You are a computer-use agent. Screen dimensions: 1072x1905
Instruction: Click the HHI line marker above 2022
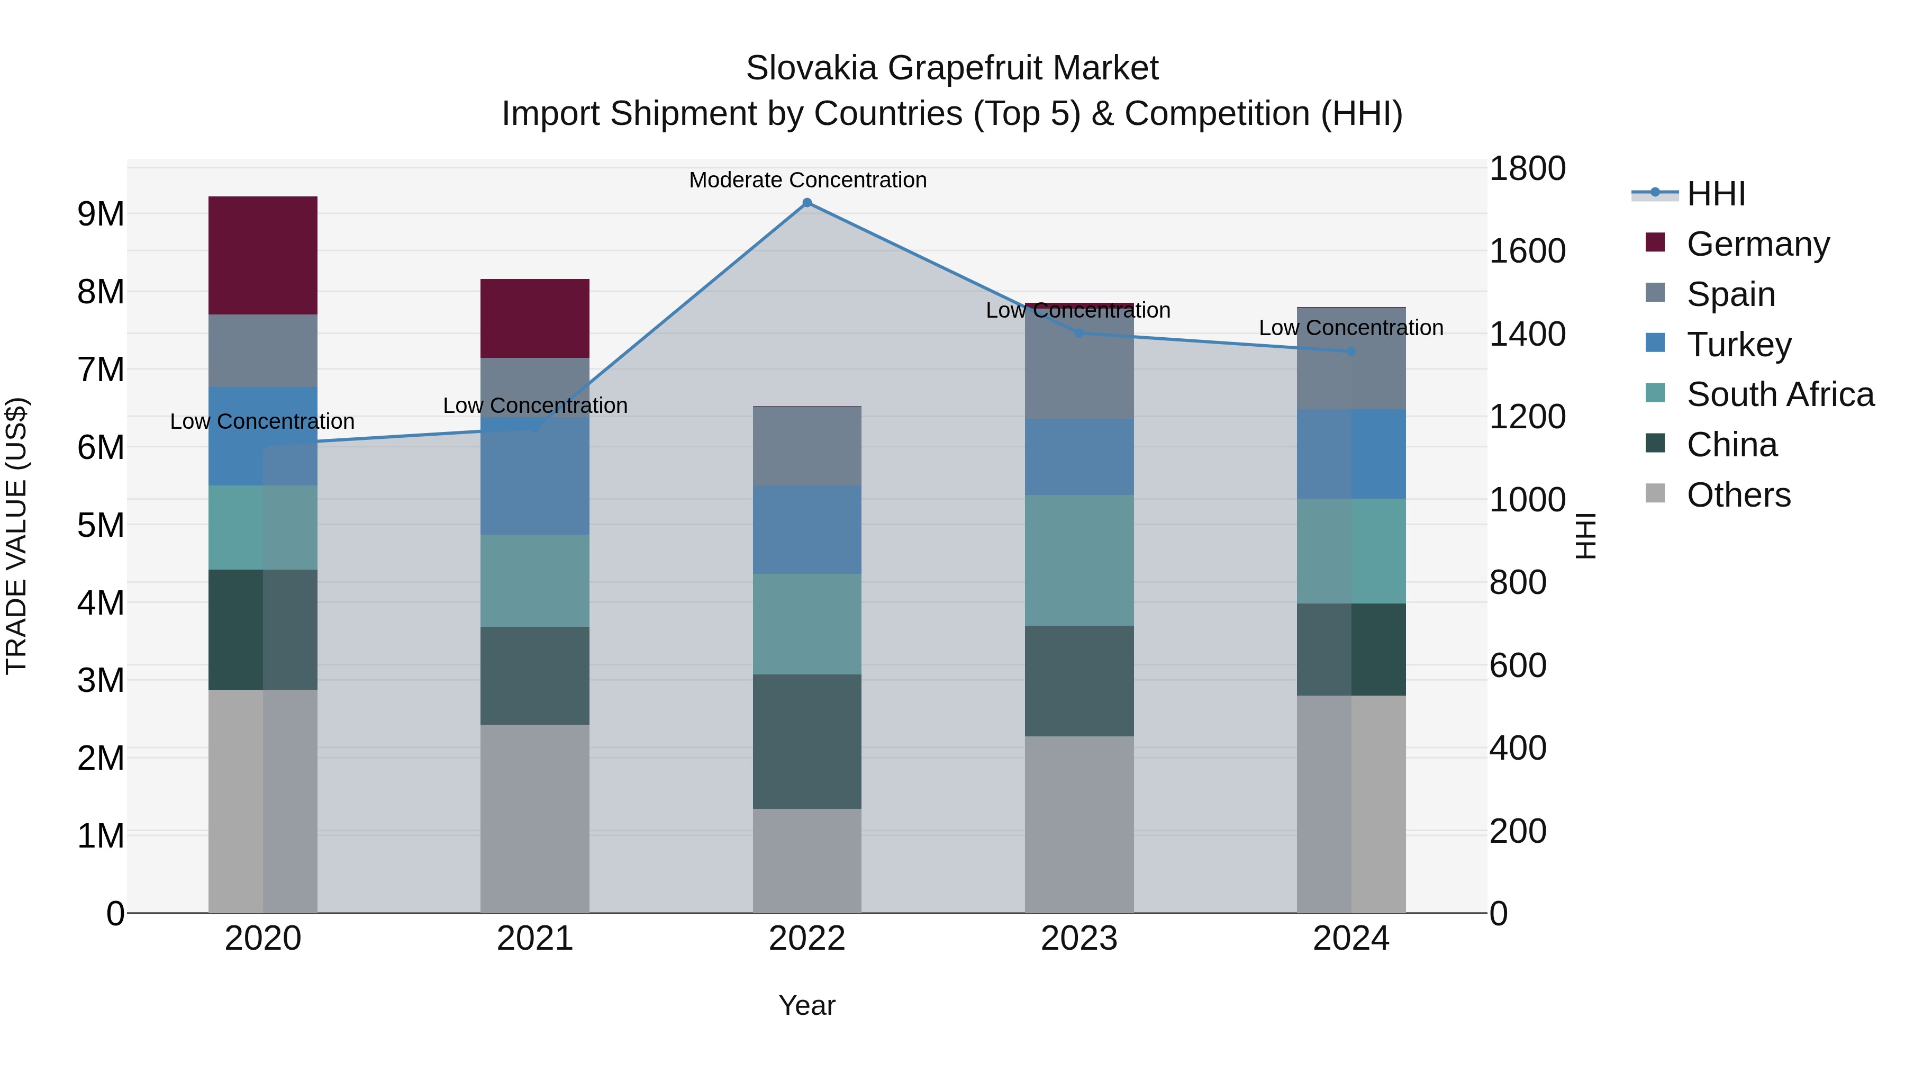pos(807,203)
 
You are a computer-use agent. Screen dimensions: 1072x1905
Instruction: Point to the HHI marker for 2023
pos(1079,334)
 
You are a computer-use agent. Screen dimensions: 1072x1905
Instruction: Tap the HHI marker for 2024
pos(1351,352)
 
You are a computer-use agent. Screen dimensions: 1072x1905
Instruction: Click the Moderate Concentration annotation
pos(808,180)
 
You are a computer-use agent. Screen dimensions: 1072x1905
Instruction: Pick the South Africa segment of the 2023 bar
pos(1079,560)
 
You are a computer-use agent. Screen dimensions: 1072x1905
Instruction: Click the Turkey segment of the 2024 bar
pos(1351,454)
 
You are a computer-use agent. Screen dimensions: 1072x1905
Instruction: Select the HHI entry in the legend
pos(1716,194)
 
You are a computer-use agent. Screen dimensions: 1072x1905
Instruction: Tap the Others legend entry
pos(1738,495)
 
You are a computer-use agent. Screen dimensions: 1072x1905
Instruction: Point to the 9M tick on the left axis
pos(101,214)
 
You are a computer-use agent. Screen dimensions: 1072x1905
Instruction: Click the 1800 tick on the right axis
pos(1526,169)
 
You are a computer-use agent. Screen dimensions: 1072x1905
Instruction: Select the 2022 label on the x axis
pos(807,939)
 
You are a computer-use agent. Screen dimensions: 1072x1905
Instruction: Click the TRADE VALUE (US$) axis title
pos(16,536)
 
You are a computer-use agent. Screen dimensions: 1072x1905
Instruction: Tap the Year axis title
pos(807,1005)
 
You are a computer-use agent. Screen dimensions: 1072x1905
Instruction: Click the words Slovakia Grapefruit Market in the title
pos(952,68)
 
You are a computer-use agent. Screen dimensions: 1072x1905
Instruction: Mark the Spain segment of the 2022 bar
pos(807,446)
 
